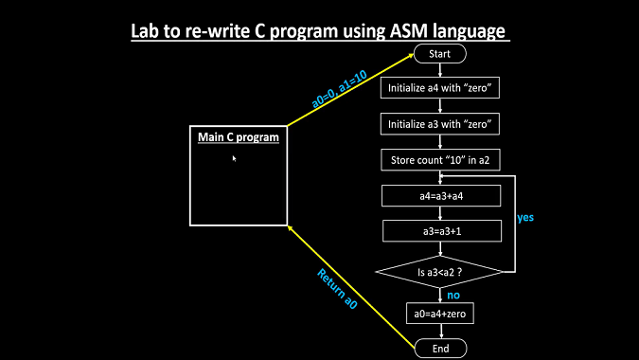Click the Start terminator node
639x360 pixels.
[x=439, y=54]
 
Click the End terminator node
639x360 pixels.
[x=439, y=349]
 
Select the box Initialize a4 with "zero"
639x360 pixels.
[x=439, y=88]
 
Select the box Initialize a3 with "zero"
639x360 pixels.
[x=439, y=124]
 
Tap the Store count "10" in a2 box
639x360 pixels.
[x=439, y=160]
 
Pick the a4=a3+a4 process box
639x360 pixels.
[x=439, y=196]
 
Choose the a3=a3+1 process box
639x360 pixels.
[x=439, y=231]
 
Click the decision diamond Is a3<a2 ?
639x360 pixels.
[x=439, y=272]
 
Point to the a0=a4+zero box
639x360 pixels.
[x=439, y=314]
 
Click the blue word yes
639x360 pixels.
[x=525, y=217]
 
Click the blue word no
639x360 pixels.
[x=453, y=295]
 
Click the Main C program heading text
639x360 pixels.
[x=239, y=137]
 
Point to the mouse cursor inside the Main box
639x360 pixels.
[x=234, y=158]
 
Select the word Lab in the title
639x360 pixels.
[x=147, y=32]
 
